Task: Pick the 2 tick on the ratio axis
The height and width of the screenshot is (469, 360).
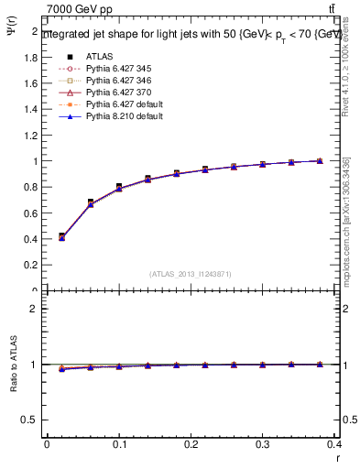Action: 34,309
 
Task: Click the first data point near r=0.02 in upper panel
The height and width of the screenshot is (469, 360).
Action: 61,237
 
